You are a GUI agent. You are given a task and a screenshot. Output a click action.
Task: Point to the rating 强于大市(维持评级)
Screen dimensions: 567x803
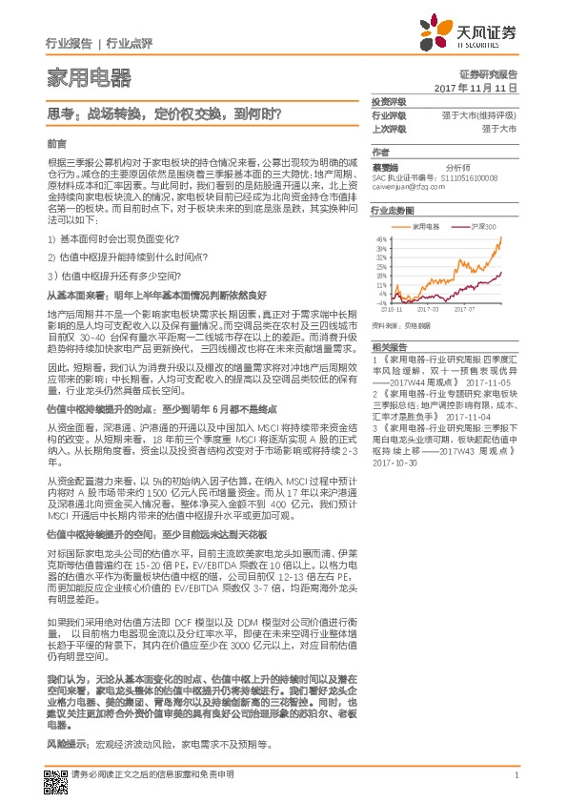pyautogui.click(x=477, y=114)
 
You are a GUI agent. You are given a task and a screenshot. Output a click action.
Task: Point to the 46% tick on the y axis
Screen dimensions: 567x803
pyautogui.click(x=380, y=238)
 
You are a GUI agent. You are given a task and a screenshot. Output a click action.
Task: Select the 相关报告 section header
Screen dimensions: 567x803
pyautogui.click(x=388, y=346)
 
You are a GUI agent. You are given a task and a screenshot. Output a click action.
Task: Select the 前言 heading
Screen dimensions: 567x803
pyautogui.click(x=56, y=142)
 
